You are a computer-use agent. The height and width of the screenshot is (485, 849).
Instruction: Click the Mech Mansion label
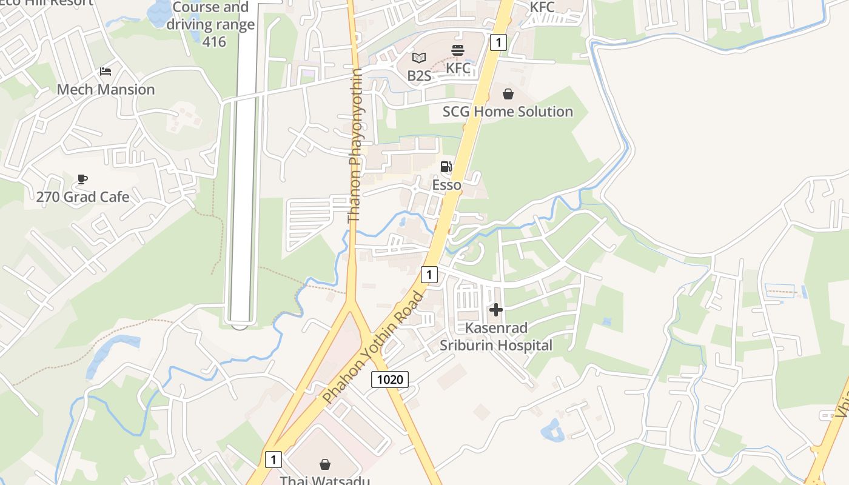click(106, 90)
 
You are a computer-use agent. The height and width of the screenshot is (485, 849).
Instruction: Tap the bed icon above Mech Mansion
click(106, 72)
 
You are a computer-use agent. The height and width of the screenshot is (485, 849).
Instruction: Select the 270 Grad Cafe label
click(82, 197)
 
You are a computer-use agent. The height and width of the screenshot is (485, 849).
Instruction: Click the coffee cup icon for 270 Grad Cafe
click(82, 179)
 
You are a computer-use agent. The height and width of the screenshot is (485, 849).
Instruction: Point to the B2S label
click(419, 76)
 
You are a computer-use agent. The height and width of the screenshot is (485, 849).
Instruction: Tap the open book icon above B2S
click(419, 58)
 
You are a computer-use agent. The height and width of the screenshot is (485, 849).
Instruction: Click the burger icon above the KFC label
click(458, 50)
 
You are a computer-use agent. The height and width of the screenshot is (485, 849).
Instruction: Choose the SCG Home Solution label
click(508, 112)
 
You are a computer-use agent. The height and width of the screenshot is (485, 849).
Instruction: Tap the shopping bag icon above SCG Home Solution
click(508, 94)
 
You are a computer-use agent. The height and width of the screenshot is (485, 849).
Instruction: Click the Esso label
click(446, 185)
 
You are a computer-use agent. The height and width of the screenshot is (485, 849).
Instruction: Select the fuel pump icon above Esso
click(446, 167)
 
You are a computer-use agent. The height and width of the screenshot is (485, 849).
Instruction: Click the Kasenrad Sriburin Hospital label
click(496, 336)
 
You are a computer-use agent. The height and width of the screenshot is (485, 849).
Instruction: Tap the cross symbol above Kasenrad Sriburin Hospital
click(496, 310)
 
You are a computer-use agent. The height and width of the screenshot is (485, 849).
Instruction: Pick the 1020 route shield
click(390, 380)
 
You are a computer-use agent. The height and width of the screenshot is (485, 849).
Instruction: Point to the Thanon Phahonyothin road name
click(355, 145)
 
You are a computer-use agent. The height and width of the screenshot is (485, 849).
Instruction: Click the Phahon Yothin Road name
click(374, 347)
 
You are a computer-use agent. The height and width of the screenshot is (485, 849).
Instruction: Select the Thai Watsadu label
click(324, 480)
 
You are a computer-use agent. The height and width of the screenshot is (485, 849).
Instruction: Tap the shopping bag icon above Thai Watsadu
click(325, 464)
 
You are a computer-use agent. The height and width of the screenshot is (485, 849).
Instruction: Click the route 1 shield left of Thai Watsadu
click(273, 460)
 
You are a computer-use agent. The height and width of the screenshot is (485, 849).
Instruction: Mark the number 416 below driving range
click(213, 42)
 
